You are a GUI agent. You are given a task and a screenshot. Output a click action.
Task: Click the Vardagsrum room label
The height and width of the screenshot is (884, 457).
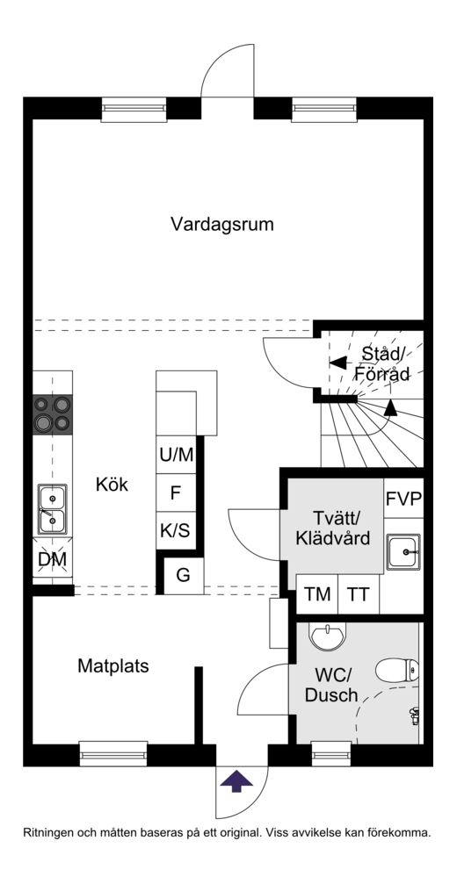tap(222, 225)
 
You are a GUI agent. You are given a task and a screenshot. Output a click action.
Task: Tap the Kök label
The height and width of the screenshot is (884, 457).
tap(112, 485)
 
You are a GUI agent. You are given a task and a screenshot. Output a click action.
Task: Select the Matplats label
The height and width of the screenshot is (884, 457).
tap(113, 665)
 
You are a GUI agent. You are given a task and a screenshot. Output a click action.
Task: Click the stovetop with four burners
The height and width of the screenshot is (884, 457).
tap(53, 413)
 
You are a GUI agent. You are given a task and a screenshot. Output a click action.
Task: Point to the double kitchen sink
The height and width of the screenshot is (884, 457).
tap(53, 509)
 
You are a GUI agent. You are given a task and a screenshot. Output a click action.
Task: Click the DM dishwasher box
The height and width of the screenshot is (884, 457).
tap(53, 559)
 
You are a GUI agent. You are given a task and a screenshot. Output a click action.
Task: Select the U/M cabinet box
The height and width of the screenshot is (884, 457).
tap(176, 455)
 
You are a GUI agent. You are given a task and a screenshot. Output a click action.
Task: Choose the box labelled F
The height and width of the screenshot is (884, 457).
tap(176, 493)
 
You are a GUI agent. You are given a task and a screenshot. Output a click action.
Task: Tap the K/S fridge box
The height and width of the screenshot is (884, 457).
tap(176, 530)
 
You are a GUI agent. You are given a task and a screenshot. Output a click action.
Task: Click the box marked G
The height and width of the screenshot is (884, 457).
tap(184, 576)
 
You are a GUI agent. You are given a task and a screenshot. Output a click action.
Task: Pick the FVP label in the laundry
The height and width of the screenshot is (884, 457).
tap(404, 499)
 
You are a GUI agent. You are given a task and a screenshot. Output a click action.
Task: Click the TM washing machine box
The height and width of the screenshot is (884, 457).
tap(317, 594)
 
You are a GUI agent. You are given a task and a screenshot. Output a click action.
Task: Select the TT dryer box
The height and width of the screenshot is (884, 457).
tap(359, 594)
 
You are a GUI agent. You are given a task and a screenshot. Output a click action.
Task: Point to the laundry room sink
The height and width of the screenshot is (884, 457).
tap(403, 552)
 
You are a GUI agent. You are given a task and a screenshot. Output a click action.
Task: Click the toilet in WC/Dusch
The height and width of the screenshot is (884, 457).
tap(397, 671)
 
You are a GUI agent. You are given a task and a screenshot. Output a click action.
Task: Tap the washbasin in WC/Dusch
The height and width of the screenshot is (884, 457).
tap(327, 636)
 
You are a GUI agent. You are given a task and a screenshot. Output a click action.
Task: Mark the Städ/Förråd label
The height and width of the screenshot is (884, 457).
tap(382, 364)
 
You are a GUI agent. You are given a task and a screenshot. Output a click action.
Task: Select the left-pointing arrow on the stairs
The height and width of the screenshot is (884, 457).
tap(338, 363)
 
